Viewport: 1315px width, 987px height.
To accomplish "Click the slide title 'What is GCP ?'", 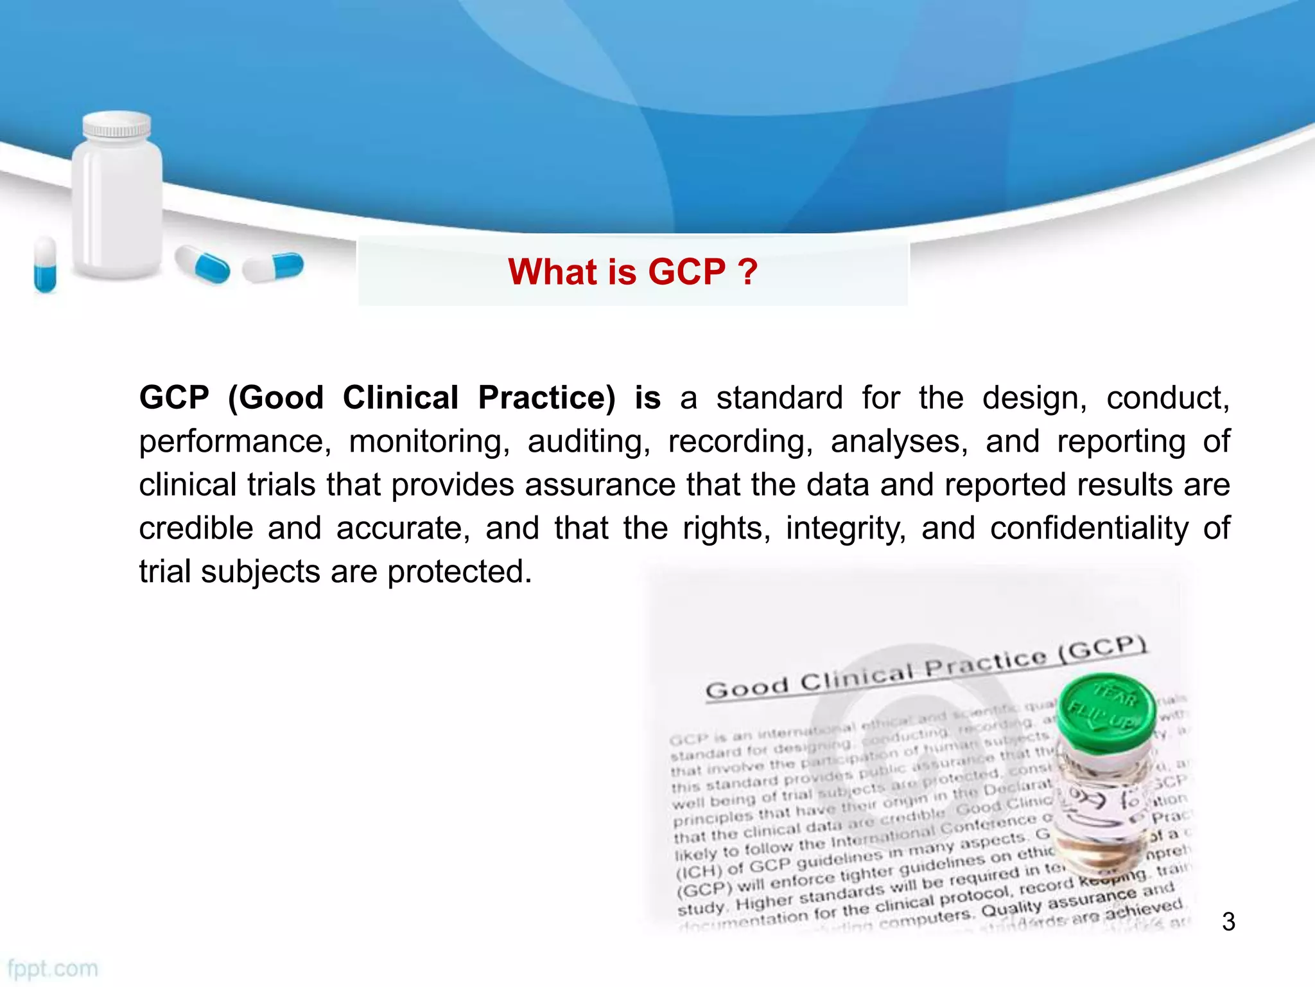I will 632,272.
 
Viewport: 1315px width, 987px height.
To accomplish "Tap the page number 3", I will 1228,921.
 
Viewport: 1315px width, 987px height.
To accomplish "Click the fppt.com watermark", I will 53,968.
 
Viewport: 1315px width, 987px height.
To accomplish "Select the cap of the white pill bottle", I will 118,125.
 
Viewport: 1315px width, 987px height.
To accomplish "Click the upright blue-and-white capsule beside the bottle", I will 45,264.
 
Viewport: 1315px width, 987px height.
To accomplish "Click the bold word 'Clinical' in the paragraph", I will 401,398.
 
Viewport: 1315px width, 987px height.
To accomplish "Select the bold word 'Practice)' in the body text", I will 546,398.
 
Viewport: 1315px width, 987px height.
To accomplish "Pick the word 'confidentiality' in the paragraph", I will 1089,528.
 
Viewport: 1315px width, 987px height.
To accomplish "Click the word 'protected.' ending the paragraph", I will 460,571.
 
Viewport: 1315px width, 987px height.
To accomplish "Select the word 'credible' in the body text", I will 196,528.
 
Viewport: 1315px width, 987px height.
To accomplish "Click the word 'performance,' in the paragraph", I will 235,441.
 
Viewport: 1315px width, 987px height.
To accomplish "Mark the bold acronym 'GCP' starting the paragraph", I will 174,398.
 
